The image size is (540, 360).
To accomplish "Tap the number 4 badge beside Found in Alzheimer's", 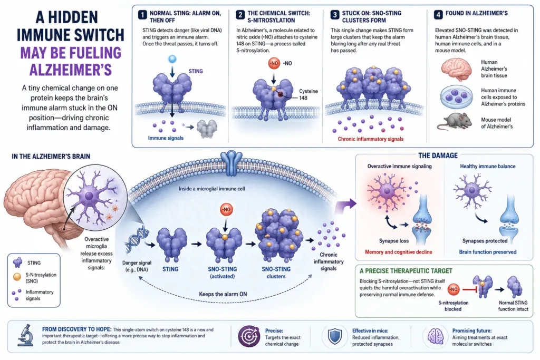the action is tap(438, 15).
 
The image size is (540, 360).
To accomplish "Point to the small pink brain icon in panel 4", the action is tap(456, 69).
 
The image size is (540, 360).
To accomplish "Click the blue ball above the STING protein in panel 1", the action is tap(172, 59).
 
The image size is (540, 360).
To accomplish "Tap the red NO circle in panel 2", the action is tap(274, 63).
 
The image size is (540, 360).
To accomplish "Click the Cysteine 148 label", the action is tap(308, 95).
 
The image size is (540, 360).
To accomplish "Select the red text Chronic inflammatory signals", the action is tap(371, 139).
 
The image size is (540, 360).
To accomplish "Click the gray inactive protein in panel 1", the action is tap(207, 129).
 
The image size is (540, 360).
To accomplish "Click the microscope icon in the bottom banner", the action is tap(25, 335).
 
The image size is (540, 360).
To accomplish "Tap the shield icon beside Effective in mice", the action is tap(334, 336).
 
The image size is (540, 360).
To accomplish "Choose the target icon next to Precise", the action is tap(249, 336).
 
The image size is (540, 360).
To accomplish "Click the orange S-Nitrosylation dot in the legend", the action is tap(17, 276).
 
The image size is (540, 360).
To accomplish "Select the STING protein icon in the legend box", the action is tap(17, 262).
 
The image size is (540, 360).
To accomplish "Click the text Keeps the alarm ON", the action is tap(223, 294).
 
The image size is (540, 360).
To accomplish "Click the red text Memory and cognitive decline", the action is tap(399, 252).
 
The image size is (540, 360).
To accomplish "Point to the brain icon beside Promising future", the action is tap(435, 336).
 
